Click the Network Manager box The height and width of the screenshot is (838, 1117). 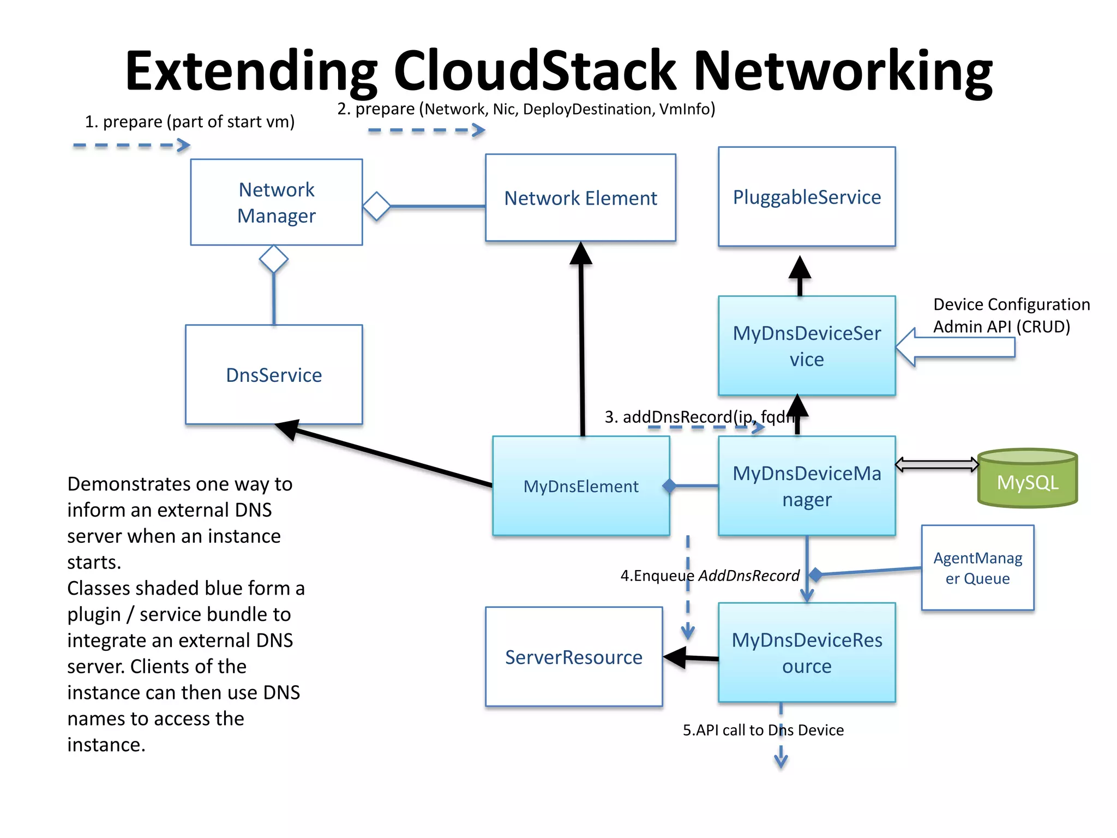pyautogui.click(x=277, y=202)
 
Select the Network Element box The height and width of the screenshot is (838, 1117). pyautogui.click(x=580, y=197)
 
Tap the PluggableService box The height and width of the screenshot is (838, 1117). pyautogui.click(x=806, y=196)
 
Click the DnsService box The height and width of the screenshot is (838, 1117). pyautogui.click(x=274, y=375)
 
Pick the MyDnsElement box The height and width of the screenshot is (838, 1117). pyautogui.click(x=580, y=486)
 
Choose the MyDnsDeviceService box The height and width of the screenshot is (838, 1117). pyautogui.click(x=806, y=345)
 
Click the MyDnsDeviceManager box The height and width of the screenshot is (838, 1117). pyautogui.click(x=806, y=486)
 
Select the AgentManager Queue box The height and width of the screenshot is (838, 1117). pyautogui.click(x=977, y=567)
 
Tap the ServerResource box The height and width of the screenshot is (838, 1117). pyautogui.click(x=574, y=657)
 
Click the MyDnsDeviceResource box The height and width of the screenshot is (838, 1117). pyautogui.click(x=806, y=653)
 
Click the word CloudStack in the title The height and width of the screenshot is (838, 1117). pyautogui.click(x=535, y=71)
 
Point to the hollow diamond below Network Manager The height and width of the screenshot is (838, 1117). pyautogui.click(x=274, y=259)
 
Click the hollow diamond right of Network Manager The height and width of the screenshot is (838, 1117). pyautogui.click(x=377, y=206)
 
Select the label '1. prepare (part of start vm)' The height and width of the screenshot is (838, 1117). pyautogui.click(x=189, y=121)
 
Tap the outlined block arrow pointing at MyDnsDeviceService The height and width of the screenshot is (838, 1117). pyautogui.click(x=954, y=347)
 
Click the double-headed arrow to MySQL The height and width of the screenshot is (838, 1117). pyautogui.click(x=937, y=464)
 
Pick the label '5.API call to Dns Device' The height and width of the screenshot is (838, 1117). pyautogui.click(x=762, y=730)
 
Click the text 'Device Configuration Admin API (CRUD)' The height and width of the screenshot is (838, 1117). pyautogui.click(x=1011, y=315)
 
